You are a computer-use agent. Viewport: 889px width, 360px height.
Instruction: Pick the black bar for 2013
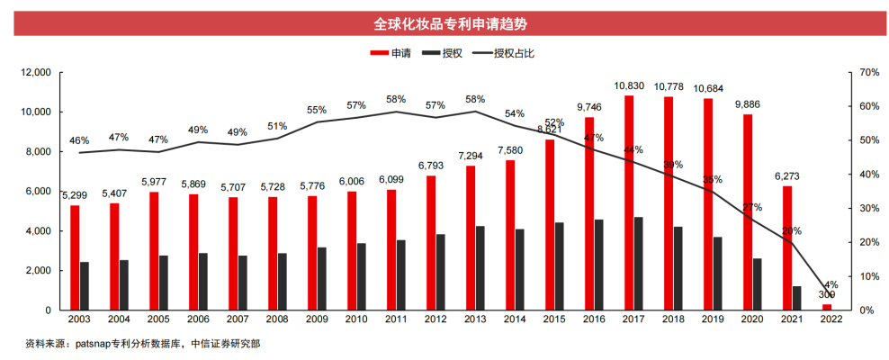pos(480,267)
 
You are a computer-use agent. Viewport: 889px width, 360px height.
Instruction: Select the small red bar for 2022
pos(826,307)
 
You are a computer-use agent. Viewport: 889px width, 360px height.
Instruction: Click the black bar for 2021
pos(797,298)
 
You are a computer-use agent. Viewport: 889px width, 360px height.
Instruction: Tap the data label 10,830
pos(629,85)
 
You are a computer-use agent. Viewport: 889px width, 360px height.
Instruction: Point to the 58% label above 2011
pos(395,99)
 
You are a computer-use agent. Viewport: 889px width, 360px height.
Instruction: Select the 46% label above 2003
pos(79,140)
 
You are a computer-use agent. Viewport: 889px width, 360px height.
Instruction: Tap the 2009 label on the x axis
pos(317,319)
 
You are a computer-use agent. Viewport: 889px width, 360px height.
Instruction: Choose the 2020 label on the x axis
pos(752,319)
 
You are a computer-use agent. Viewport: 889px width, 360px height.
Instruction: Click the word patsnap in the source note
pos(96,343)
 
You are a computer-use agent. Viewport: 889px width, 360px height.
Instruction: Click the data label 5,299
pos(76,195)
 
